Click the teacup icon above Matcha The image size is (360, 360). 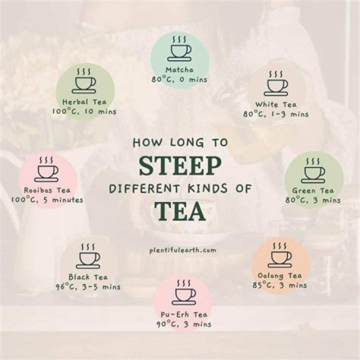tap(179, 49)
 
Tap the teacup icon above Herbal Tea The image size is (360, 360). tap(83, 81)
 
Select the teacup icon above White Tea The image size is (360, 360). tap(275, 83)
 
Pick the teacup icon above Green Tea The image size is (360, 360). tap(312, 170)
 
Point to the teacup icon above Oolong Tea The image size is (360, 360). tap(279, 255)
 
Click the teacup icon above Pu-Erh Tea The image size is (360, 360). tap(184, 292)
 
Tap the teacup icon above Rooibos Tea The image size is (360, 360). tap(46, 169)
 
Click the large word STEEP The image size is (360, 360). tap(180, 165)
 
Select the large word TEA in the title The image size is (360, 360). tap(180, 211)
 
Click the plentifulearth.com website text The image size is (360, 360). tap(183, 250)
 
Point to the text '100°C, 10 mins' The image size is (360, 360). tap(84, 111)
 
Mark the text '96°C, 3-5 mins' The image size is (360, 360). tap(88, 287)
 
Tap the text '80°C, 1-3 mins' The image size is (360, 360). tap(276, 114)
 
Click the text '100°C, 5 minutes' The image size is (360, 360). tap(47, 199)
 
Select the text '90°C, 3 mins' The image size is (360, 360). tap(184, 324)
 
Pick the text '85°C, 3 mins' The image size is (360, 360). tap(280, 285)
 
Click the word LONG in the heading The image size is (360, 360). tap(187, 142)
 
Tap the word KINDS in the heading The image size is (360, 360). tap(208, 188)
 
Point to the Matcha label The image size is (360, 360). tap(179, 70)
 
